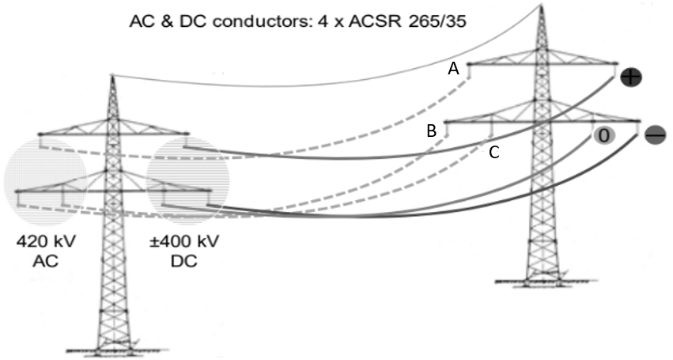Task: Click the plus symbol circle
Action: (631, 77)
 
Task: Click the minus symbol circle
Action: (656, 135)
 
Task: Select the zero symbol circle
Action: (603, 135)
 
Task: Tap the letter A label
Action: (453, 69)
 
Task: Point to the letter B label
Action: (431, 131)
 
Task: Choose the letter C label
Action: (493, 153)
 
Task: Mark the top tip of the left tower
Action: (112, 75)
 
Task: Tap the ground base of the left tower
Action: (112, 350)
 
